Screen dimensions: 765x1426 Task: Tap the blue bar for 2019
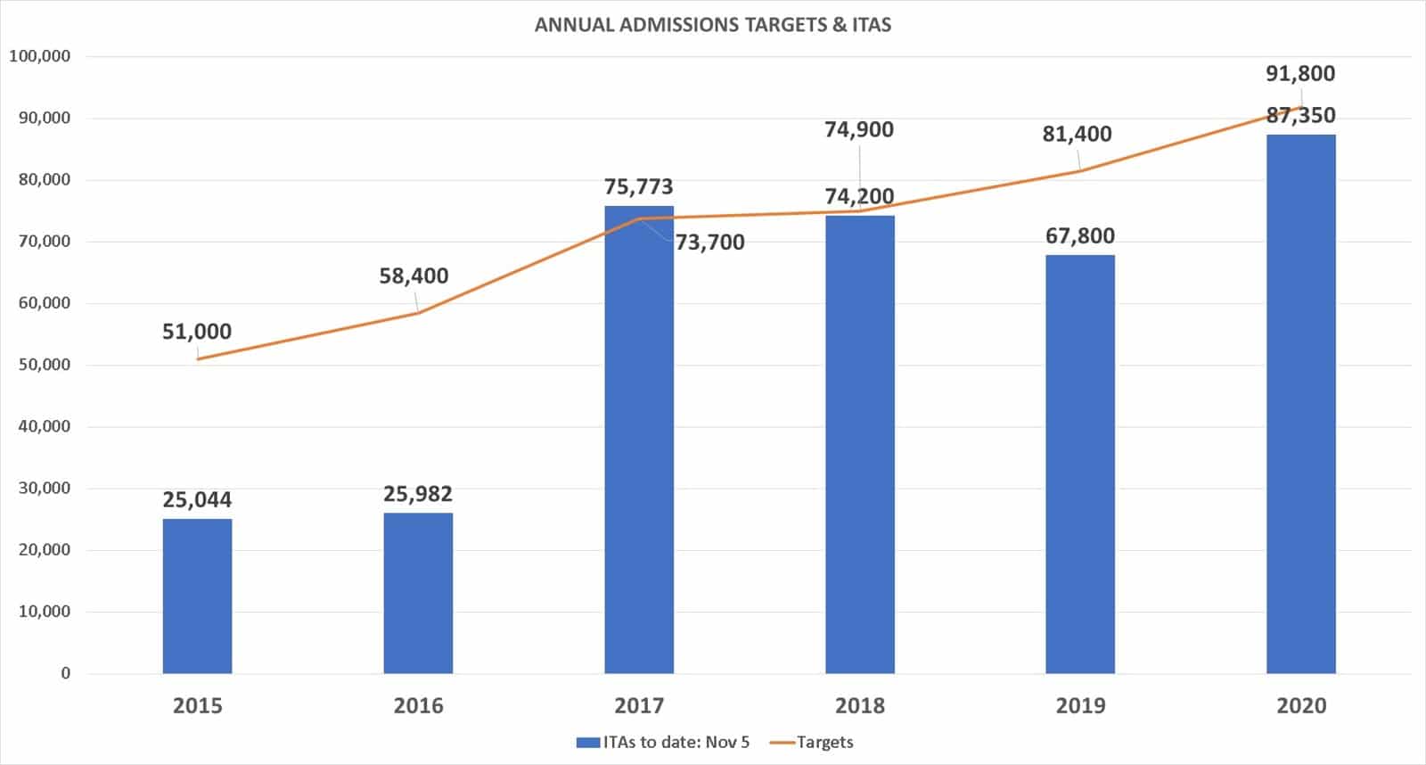pos(1080,464)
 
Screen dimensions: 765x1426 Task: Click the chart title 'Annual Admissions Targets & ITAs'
pos(713,25)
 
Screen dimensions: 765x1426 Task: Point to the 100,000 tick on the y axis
pos(40,56)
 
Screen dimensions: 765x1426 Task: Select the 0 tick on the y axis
pos(65,673)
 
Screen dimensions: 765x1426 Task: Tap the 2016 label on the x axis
pos(418,705)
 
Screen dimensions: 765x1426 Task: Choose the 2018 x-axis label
pos(860,705)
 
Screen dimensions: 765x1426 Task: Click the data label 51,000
pos(197,332)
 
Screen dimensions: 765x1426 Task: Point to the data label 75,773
pos(639,186)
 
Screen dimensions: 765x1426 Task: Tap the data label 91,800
pos(1300,73)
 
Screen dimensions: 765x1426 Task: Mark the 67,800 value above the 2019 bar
pos(1080,235)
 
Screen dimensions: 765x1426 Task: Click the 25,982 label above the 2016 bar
pos(418,494)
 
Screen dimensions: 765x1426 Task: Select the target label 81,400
pos(1078,134)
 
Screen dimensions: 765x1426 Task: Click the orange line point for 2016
pos(418,313)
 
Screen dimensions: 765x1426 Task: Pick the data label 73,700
pos(710,242)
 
